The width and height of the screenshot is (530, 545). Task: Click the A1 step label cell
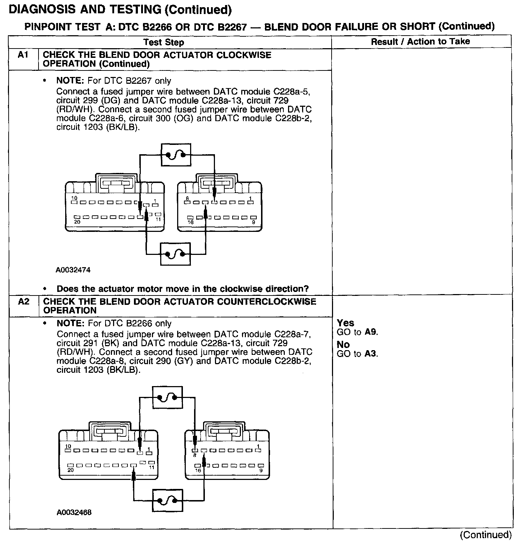pos(23,55)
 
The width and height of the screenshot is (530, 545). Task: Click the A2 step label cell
pos(23,302)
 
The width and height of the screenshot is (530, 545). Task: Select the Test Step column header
pos(163,42)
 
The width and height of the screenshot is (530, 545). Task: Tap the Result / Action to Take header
pos(420,41)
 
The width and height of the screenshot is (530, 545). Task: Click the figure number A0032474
pos(73,270)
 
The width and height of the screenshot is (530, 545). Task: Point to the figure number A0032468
pos(74,512)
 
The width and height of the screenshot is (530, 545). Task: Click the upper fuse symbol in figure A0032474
pos(175,155)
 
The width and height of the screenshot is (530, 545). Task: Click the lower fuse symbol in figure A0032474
pos(175,254)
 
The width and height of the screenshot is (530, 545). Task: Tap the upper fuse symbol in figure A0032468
pos(167,397)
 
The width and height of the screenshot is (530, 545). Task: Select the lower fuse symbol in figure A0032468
pos(167,500)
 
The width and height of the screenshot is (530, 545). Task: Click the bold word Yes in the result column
pos(346,323)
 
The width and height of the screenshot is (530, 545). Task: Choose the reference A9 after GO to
pos(370,332)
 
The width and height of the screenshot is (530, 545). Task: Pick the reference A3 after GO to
pos(370,354)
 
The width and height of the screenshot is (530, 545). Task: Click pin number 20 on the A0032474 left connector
pos(77,222)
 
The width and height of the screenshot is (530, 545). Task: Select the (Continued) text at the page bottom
pos(485,535)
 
